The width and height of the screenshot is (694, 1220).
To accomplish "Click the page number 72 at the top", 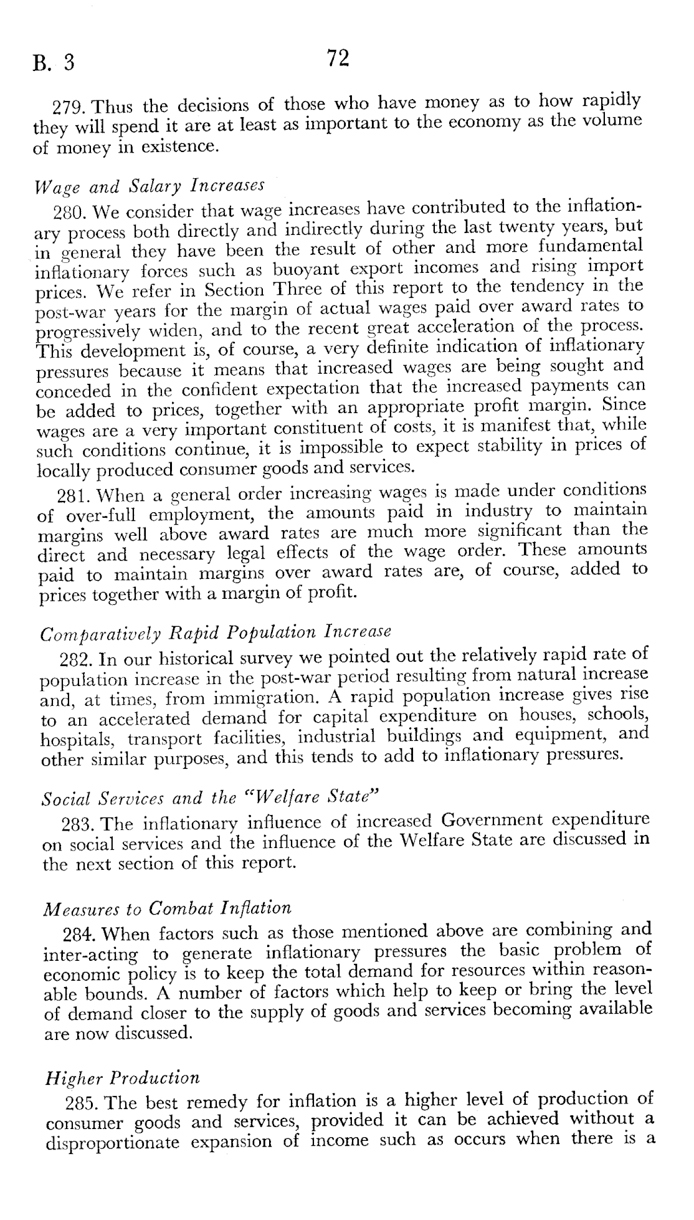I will coord(337,59).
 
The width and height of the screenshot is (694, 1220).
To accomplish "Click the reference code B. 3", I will coord(54,63).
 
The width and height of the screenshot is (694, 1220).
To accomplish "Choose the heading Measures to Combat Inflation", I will coord(167,908).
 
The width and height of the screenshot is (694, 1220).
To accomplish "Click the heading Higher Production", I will coord(123,1077).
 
